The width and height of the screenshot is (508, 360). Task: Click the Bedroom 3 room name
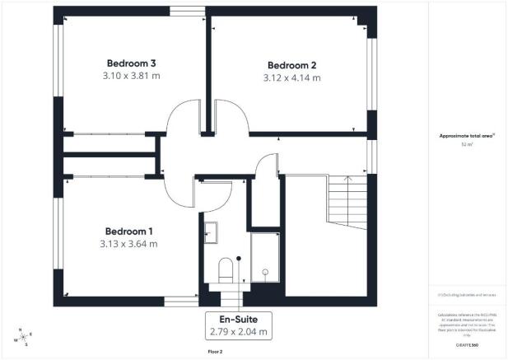pyautogui.click(x=132, y=63)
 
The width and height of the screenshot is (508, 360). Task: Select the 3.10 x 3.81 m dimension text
pyautogui.click(x=132, y=76)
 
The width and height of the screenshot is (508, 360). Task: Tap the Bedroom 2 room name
pyautogui.click(x=292, y=65)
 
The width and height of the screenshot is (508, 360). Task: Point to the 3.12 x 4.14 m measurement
pyautogui.click(x=292, y=77)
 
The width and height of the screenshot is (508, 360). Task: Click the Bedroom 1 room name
pyautogui.click(x=130, y=231)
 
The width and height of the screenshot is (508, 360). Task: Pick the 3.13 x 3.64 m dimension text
pyautogui.click(x=130, y=244)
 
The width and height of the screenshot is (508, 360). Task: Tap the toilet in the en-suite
pyautogui.click(x=226, y=268)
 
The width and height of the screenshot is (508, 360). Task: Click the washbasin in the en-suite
pyautogui.click(x=209, y=232)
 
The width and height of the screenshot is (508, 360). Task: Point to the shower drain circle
pyautogui.click(x=266, y=271)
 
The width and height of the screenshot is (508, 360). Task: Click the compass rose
pyautogui.click(x=23, y=336)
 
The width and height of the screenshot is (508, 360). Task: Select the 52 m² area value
pyautogui.click(x=467, y=145)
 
